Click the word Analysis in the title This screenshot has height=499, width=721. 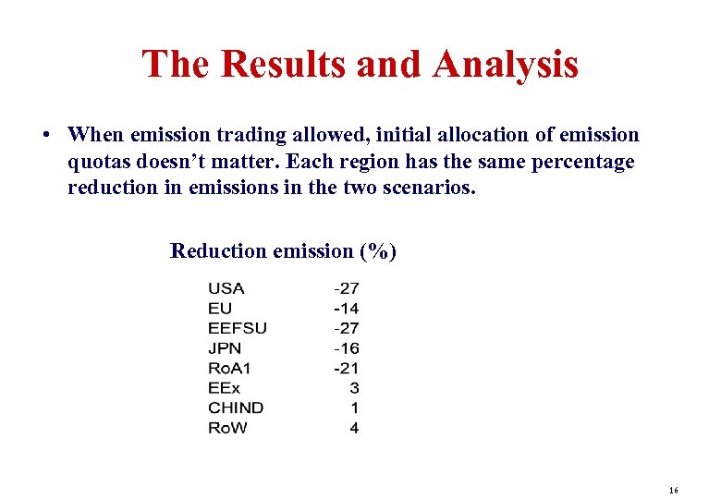tap(505, 65)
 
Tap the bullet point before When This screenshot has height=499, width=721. tap(45, 136)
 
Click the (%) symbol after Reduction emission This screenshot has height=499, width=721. tap(378, 250)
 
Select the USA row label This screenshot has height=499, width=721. tap(226, 288)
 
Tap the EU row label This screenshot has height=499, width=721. tap(220, 309)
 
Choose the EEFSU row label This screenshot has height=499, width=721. tap(237, 328)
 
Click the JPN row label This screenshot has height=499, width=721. tap(225, 348)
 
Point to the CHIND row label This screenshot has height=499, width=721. tap(236, 408)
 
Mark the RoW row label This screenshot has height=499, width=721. tap(227, 428)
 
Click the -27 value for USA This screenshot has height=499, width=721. tap(347, 288)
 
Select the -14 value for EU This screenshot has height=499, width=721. tap(347, 309)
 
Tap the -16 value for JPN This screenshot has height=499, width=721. tap(347, 348)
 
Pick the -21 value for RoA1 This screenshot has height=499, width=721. tap(347, 368)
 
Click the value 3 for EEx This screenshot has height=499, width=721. tap(354, 388)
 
